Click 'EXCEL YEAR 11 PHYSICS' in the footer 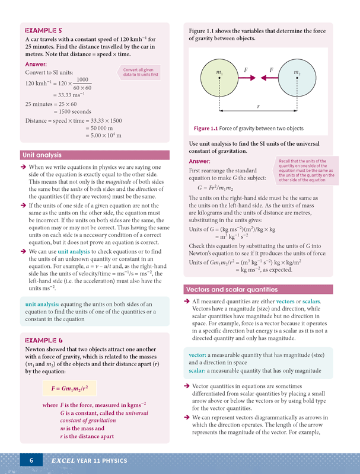point(88,460)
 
